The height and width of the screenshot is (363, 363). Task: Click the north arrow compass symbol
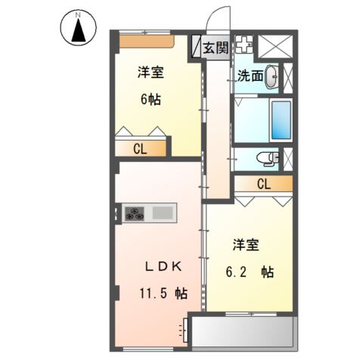78,28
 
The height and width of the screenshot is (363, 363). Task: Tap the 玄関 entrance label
216,48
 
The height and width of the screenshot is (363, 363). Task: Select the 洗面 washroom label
250,76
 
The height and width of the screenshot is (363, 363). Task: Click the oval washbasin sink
271,76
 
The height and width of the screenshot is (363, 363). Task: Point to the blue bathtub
281,120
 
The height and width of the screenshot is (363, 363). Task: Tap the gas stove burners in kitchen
135,213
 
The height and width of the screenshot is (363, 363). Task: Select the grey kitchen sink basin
163,213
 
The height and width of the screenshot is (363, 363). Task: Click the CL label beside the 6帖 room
140,149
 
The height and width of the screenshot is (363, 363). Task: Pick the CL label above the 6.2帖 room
264,184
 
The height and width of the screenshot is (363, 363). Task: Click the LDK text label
163,267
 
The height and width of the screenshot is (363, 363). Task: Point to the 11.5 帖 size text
163,293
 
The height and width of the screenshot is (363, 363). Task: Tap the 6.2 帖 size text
250,272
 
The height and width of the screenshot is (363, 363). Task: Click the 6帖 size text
150,99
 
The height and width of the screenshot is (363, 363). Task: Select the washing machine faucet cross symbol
244,45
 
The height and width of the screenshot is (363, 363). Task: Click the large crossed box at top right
275,47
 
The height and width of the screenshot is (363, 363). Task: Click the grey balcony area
243,332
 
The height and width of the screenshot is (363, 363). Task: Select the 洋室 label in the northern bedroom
150,73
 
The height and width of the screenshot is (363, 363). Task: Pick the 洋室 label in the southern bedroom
246,245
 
